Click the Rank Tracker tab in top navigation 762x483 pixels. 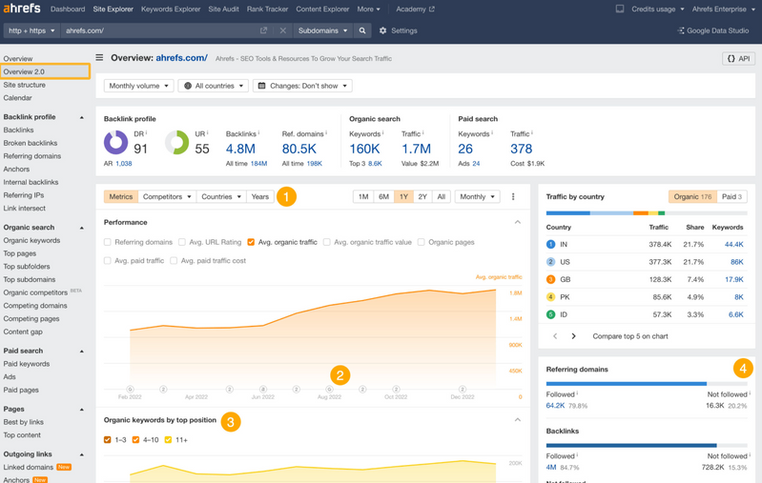point(267,10)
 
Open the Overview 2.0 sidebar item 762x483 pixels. point(25,71)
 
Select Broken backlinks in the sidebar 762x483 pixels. point(31,143)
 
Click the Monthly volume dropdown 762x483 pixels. point(138,86)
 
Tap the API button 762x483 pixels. point(738,58)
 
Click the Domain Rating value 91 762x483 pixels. point(141,149)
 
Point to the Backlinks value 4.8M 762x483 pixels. point(240,149)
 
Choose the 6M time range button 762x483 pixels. point(383,196)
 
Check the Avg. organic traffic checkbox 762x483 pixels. point(251,242)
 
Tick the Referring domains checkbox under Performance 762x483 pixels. point(108,242)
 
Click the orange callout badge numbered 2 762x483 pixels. point(340,375)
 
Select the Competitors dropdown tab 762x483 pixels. point(167,196)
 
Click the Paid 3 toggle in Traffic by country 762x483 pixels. point(732,196)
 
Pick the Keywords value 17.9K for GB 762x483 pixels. point(733,279)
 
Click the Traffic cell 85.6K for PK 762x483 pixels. point(659,296)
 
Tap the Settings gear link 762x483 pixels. point(398,30)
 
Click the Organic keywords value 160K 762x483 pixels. point(364,149)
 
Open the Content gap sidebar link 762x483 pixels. point(23,332)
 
